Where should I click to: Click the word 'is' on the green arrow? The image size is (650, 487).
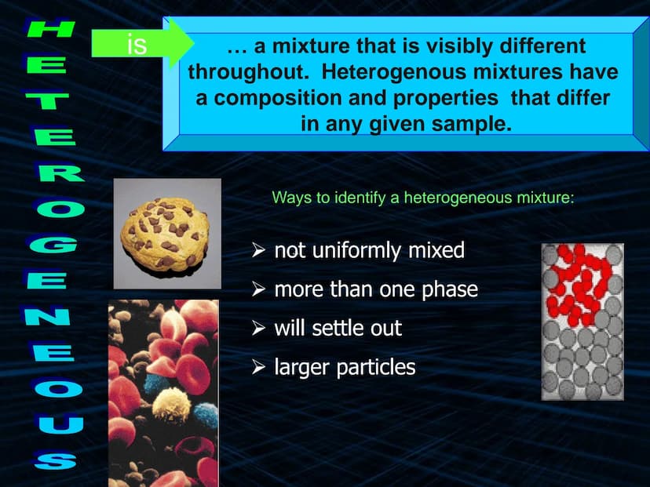[x=137, y=45]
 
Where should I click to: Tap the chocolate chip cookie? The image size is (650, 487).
[x=165, y=233]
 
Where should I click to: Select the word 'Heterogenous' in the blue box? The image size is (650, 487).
[x=394, y=72]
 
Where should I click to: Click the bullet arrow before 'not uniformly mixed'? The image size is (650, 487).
[x=258, y=250]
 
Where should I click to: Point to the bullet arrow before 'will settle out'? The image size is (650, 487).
[x=258, y=328]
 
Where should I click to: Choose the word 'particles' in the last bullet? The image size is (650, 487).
[x=375, y=368]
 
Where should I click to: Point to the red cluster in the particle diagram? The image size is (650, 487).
[x=579, y=284]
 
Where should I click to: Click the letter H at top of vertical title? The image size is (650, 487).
[x=50, y=29]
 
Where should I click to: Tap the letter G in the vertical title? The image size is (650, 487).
[x=54, y=245]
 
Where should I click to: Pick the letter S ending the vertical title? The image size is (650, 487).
[x=56, y=460]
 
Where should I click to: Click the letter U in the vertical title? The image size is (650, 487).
[x=58, y=424]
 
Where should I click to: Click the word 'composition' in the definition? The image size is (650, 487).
[x=278, y=99]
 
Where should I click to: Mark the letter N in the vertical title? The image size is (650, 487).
[x=47, y=316]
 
